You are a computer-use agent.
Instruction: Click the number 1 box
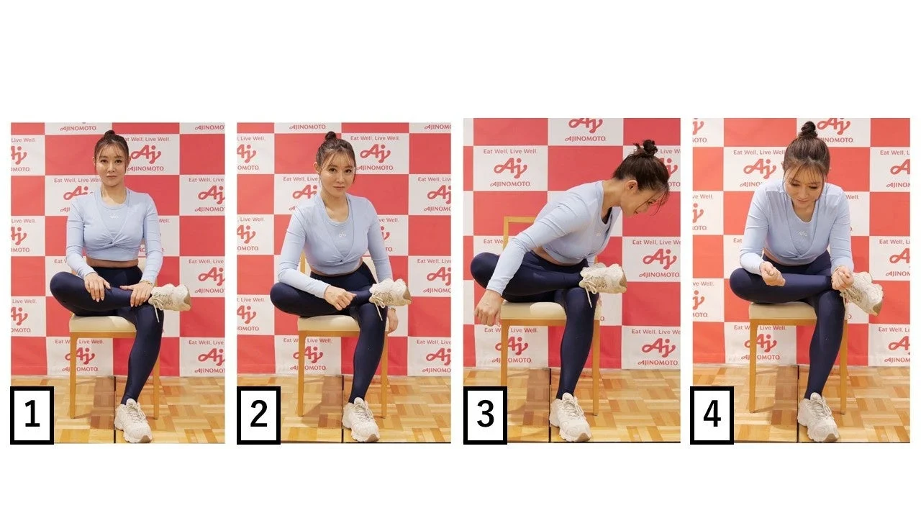(32, 415)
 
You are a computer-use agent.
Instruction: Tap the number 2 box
(258, 415)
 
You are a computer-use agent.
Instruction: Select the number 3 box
(485, 415)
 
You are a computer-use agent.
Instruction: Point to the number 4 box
(712, 415)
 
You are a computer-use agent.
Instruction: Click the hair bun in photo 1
(109, 135)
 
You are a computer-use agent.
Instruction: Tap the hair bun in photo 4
(808, 129)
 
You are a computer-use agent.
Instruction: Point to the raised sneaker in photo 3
(603, 278)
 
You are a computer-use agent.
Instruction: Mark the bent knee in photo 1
(60, 284)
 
